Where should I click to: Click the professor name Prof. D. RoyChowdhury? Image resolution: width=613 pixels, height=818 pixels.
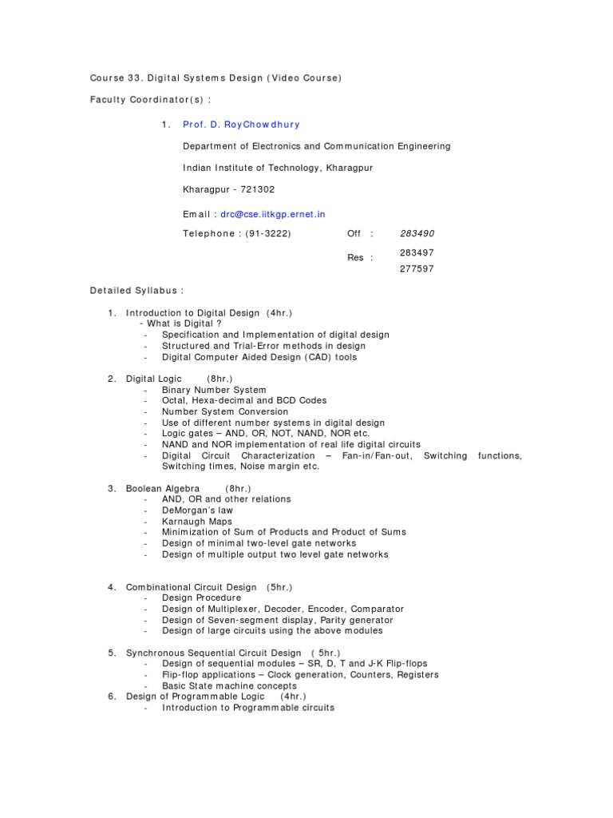tap(241, 125)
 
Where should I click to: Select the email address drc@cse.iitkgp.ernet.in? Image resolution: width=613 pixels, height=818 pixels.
tap(273, 214)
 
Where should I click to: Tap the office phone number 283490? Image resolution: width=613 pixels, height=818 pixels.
tap(417, 233)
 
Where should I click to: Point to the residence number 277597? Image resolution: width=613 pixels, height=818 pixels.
tap(417, 269)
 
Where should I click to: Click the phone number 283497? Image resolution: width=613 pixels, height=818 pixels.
tap(417, 252)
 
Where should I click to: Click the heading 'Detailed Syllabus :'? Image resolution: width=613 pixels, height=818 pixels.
tap(131, 291)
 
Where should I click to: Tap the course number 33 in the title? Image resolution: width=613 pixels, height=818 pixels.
tap(136, 77)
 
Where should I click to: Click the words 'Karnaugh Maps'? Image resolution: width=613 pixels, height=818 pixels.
tap(197, 521)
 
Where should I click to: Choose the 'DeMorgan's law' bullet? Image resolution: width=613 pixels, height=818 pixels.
tap(197, 510)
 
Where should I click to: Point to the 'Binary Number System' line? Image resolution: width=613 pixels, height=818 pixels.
tap(214, 390)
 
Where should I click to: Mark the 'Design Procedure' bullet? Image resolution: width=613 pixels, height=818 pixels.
tap(201, 598)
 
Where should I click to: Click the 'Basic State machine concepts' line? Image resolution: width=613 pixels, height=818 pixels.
tap(229, 685)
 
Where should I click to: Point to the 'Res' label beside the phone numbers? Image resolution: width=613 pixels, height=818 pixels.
tap(356, 257)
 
